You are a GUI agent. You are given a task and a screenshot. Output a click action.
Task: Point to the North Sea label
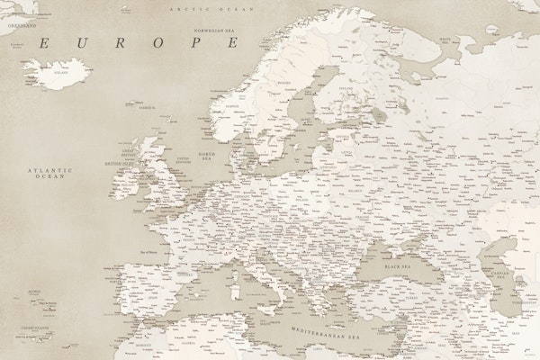tap(207, 158)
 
